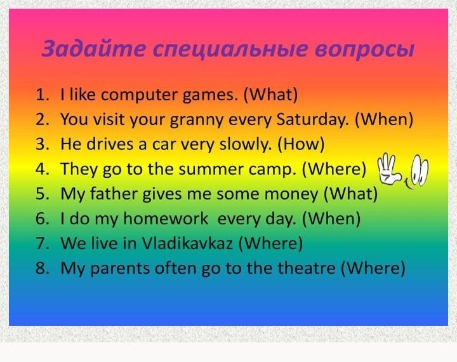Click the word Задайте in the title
pyautogui.click(x=93, y=48)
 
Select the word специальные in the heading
pyautogui.click(x=230, y=50)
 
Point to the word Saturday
pyautogui.click(x=312, y=120)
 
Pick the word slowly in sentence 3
pyautogui.click(x=245, y=144)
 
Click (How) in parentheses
pyautogui.click(x=301, y=144)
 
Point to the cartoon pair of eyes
pyautogui.click(x=419, y=170)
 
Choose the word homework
pyautogui.click(x=165, y=218)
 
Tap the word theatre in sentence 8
pyautogui.click(x=306, y=268)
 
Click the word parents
pyautogui.click(x=120, y=269)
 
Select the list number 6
pyautogui.click(x=43, y=218)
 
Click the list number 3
pyautogui.click(x=43, y=144)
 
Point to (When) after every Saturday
pyautogui.click(x=384, y=119)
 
